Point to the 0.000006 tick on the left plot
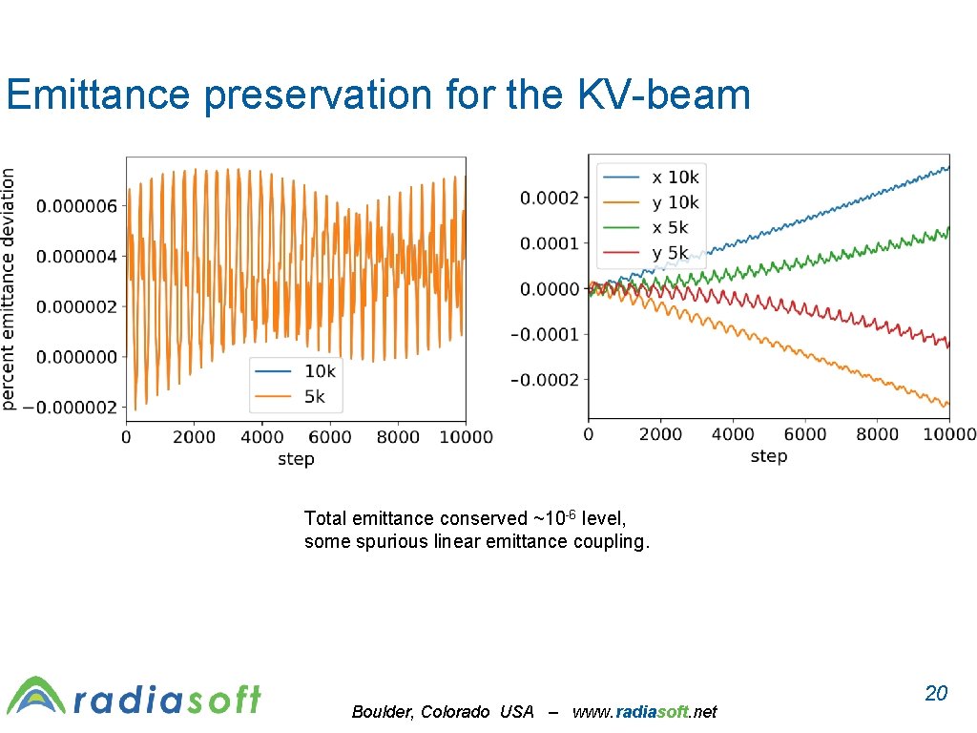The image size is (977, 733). [x=76, y=206]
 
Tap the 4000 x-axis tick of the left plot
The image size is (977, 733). [x=262, y=437]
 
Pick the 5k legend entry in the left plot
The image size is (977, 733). [x=315, y=396]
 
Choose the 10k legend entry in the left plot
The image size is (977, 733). [x=320, y=371]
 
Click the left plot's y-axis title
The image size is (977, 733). [x=9, y=289]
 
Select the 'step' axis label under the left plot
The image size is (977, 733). [x=296, y=459]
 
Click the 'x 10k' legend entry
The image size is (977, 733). [x=675, y=178]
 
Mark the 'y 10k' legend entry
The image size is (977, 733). [x=675, y=202]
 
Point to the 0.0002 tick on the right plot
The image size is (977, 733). [x=549, y=198]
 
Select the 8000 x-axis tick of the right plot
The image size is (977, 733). [x=876, y=434]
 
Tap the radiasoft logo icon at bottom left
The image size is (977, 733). [x=36, y=696]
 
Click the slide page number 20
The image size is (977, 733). [x=936, y=693]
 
